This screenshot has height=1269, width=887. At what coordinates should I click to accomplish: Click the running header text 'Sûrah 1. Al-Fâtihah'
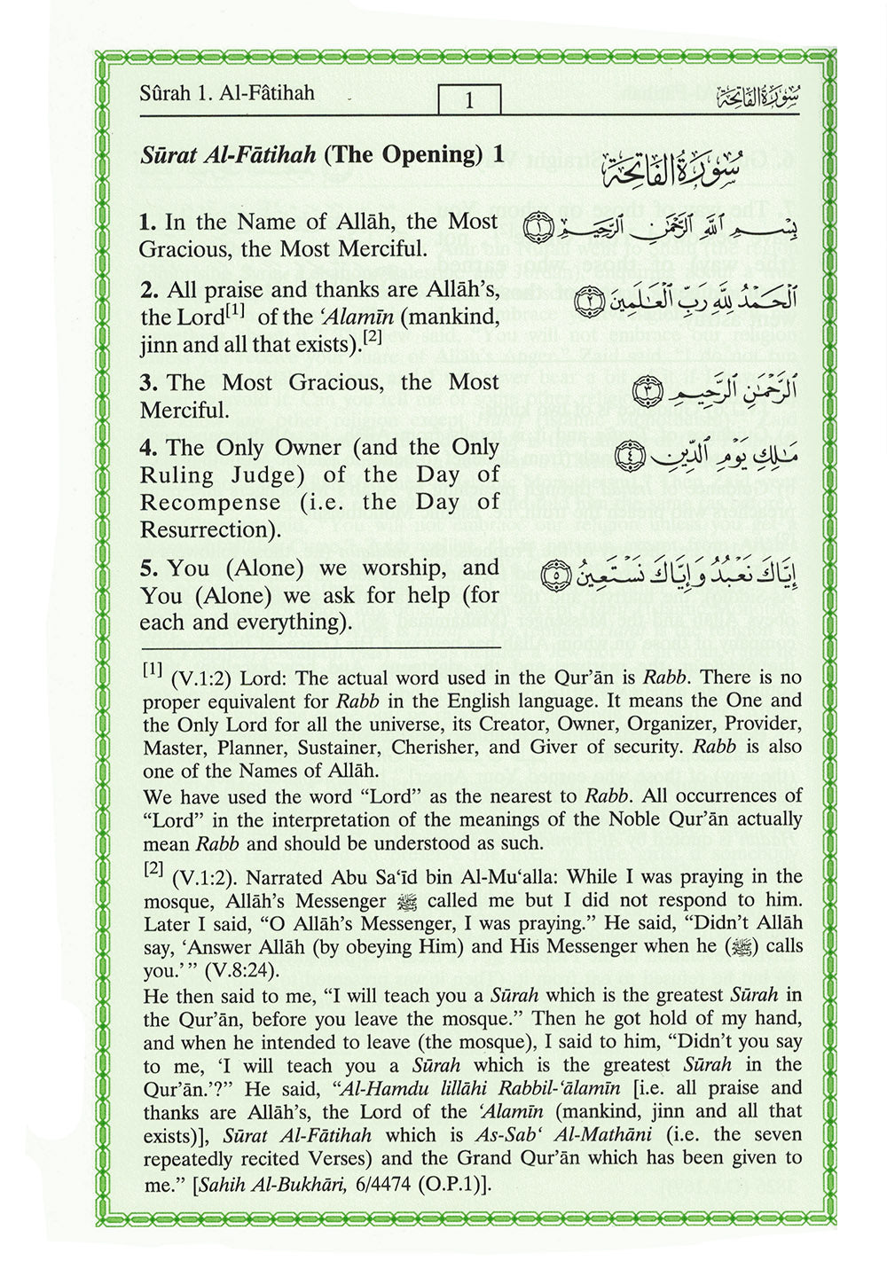tap(227, 93)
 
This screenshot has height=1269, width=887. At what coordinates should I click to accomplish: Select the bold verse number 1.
tap(147, 222)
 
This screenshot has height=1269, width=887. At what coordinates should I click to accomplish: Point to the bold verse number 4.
tap(147, 448)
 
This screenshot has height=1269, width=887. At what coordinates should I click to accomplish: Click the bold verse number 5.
tap(147, 568)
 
